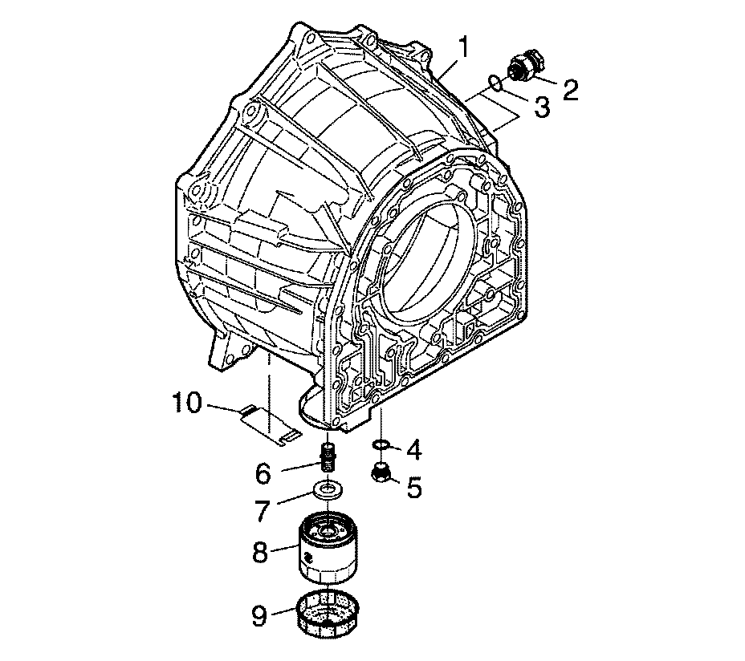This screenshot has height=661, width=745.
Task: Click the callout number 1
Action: pyautogui.click(x=463, y=49)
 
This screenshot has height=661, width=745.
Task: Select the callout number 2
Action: pyautogui.click(x=570, y=90)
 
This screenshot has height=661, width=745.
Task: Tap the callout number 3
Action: pyautogui.click(x=542, y=107)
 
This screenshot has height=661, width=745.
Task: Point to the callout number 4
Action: pyautogui.click(x=413, y=450)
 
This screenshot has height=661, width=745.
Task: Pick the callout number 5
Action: pyautogui.click(x=413, y=487)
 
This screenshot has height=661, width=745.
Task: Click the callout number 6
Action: pyautogui.click(x=263, y=473)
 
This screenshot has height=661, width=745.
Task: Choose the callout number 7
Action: pyautogui.click(x=263, y=510)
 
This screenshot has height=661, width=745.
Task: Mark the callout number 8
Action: pyautogui.click(x=260, y=552)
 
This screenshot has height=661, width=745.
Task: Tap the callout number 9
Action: pyautogui.click(x=259, y=616)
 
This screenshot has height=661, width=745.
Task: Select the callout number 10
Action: pyautogui.click(x=187, y=403)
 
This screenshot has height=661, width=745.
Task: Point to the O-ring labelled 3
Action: pyautogui.click(x=495, y=82)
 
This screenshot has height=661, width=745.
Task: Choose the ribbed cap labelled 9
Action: pyautogui.click(x=328, y=615)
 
